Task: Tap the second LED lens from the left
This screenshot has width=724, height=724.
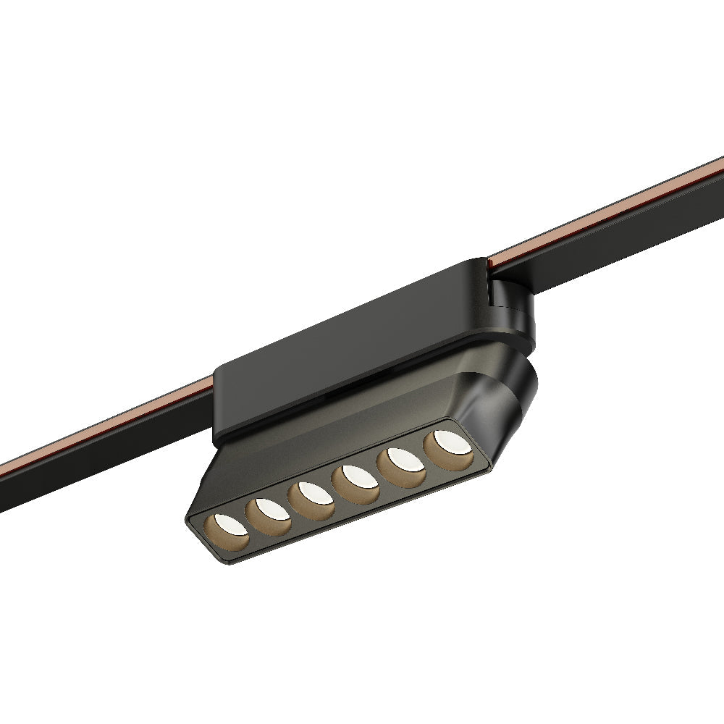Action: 268,513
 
